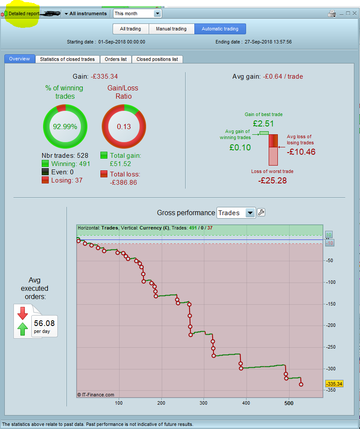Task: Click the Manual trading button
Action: point(171,29)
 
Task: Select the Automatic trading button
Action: point(220,29)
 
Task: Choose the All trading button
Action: point(130,29)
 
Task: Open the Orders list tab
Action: point(116,59)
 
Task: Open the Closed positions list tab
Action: point(157,59)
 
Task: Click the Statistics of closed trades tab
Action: point(67,59)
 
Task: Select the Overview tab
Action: point(20,59)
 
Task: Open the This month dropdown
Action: point(137,13)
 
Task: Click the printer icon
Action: point(332,13)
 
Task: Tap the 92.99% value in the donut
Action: point(65,127)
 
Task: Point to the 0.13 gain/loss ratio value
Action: point(123,127)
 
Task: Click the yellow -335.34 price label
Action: point(334,384)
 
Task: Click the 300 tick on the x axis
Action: point(203,403)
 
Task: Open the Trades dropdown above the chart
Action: point(236,213)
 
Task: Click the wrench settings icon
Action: point(261,213)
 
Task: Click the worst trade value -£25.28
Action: point(272,180)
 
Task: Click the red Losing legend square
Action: point(45,180)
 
